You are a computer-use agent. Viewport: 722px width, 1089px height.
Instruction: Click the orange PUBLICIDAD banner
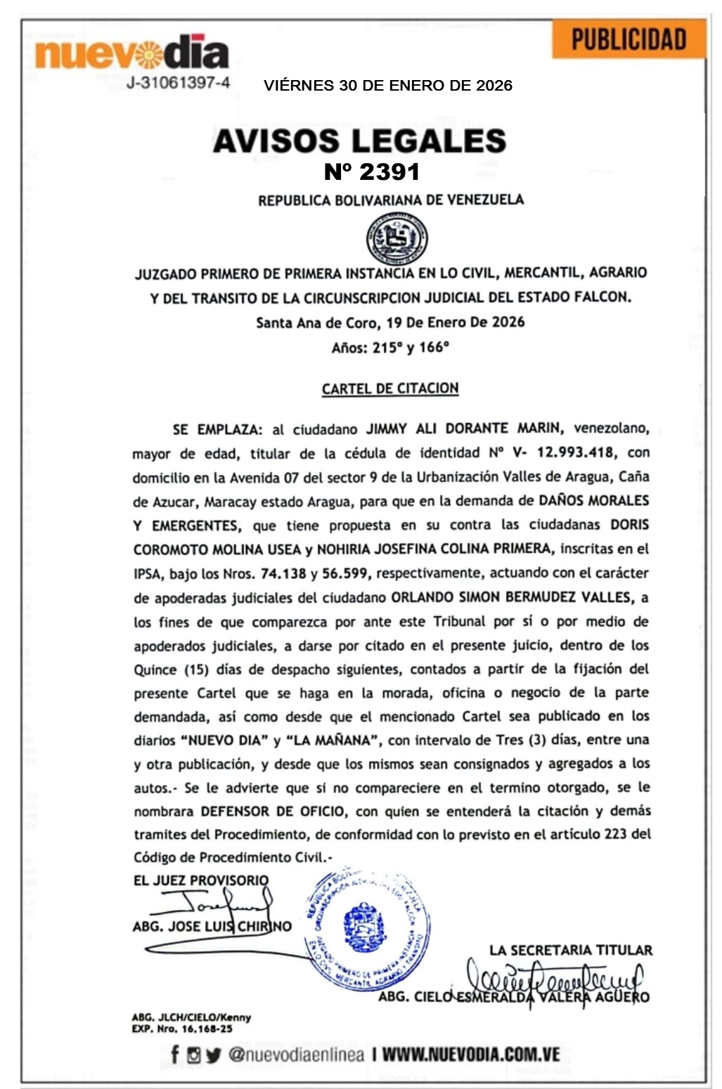[x=628, y=39]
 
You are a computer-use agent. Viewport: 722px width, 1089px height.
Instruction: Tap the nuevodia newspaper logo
[x=131, y=53]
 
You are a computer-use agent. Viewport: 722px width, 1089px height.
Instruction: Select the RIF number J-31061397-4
[x=179, y=83]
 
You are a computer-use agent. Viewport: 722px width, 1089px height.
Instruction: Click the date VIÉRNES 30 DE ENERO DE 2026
[x=388, y=86]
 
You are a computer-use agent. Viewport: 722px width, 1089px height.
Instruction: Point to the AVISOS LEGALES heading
[x=359, y=141]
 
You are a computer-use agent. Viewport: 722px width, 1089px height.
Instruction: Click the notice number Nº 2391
[x=372, y=171]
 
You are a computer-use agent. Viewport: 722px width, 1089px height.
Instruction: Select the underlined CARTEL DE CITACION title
[x=390, y=389]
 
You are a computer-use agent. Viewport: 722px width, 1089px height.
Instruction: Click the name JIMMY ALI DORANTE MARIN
[x=463, y=429]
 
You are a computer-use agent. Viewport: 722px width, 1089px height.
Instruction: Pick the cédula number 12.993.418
[x=575, y=452]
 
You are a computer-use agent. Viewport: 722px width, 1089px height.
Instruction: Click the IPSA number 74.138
[x=283, y=573]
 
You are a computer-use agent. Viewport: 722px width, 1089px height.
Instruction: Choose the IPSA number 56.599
[x=344, y=573]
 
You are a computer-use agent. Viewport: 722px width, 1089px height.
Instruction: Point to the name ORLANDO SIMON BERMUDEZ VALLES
[x=510, y=597]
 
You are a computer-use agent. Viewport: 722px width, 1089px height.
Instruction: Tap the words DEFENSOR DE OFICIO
[x=273, y=811]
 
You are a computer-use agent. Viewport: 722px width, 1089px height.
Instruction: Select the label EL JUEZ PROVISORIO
[x=201, y=880]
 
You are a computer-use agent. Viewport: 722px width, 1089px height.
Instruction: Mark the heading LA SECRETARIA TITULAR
[x=571, y=951]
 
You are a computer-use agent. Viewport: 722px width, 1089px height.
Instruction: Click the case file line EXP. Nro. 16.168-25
[x=181, y=1029]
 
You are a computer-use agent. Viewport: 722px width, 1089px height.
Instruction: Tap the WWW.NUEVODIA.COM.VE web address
[x=470, y=1055]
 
